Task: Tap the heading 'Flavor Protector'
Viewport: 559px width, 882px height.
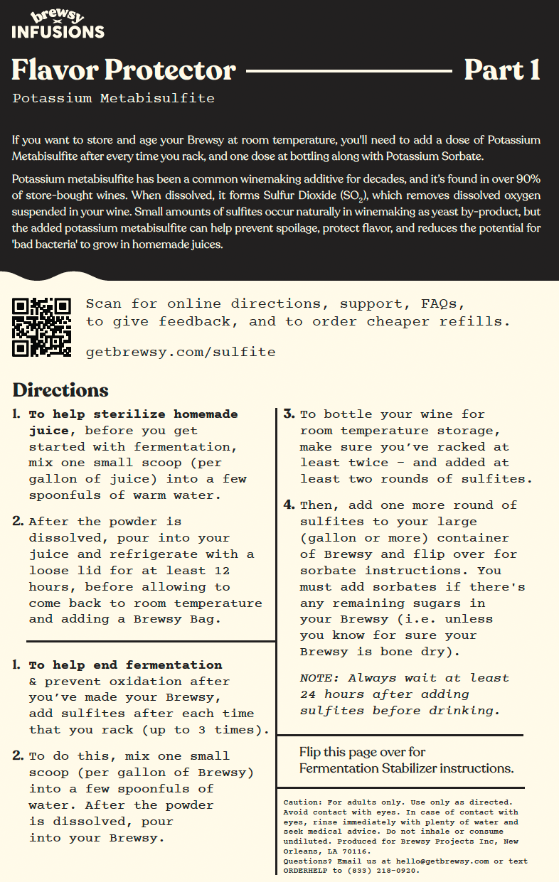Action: (124, 70)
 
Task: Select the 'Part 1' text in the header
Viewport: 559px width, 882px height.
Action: (501, 70)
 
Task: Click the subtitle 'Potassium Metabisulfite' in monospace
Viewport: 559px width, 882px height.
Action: (113, 98)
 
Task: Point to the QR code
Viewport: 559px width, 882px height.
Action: (42, 326)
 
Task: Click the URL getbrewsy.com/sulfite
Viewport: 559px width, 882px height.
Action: (181, 352)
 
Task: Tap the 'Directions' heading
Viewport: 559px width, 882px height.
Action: (60, 390)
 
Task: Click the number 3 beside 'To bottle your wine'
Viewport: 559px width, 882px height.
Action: (289, 414)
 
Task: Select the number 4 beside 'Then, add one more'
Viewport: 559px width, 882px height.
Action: (289, 505)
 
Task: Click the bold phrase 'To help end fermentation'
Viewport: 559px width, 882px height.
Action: (125, 665)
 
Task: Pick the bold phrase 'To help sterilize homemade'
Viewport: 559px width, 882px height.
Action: (133, 414)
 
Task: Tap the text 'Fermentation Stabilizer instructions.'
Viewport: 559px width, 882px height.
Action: (406, 768)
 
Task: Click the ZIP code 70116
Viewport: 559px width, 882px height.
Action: (355, 851)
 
